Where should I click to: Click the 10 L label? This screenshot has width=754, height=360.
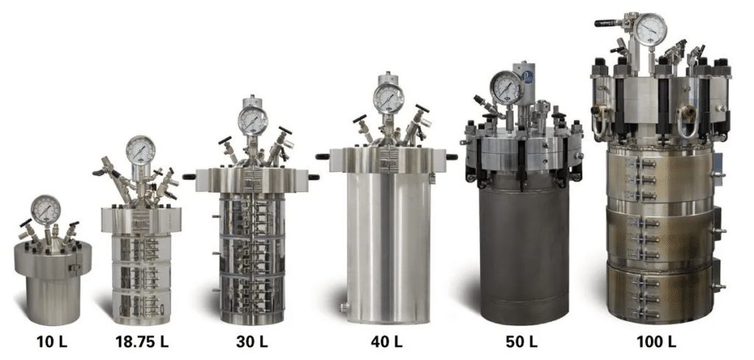point(52,342)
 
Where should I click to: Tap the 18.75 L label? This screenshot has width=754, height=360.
point(142,342)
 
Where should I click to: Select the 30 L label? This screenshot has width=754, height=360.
point(252,342)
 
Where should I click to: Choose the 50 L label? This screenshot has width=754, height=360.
point(521,342)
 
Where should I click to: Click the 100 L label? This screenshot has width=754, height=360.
point(656,342)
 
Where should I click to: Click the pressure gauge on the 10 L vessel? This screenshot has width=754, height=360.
point(46,210)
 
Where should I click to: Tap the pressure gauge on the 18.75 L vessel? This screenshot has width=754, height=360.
point(141,150)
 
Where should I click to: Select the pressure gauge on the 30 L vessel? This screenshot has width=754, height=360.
point(253,121)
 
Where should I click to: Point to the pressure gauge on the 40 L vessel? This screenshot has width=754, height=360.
point(389,99)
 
